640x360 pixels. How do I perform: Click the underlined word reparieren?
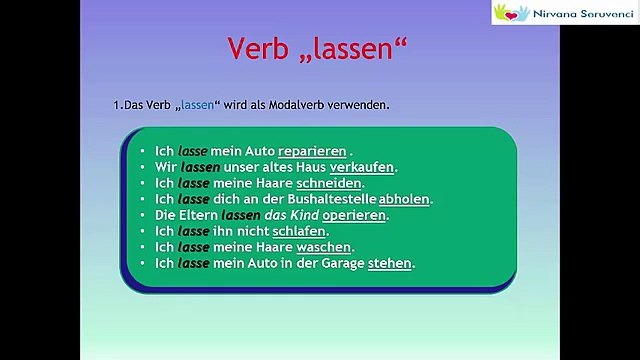[x=314, y=151]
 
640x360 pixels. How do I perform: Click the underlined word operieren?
[x=357, y=215]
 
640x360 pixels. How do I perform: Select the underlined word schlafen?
[x=299, y=231]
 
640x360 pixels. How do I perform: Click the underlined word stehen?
[x=390, y=263]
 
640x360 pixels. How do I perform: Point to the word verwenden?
[x=362, y=105]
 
